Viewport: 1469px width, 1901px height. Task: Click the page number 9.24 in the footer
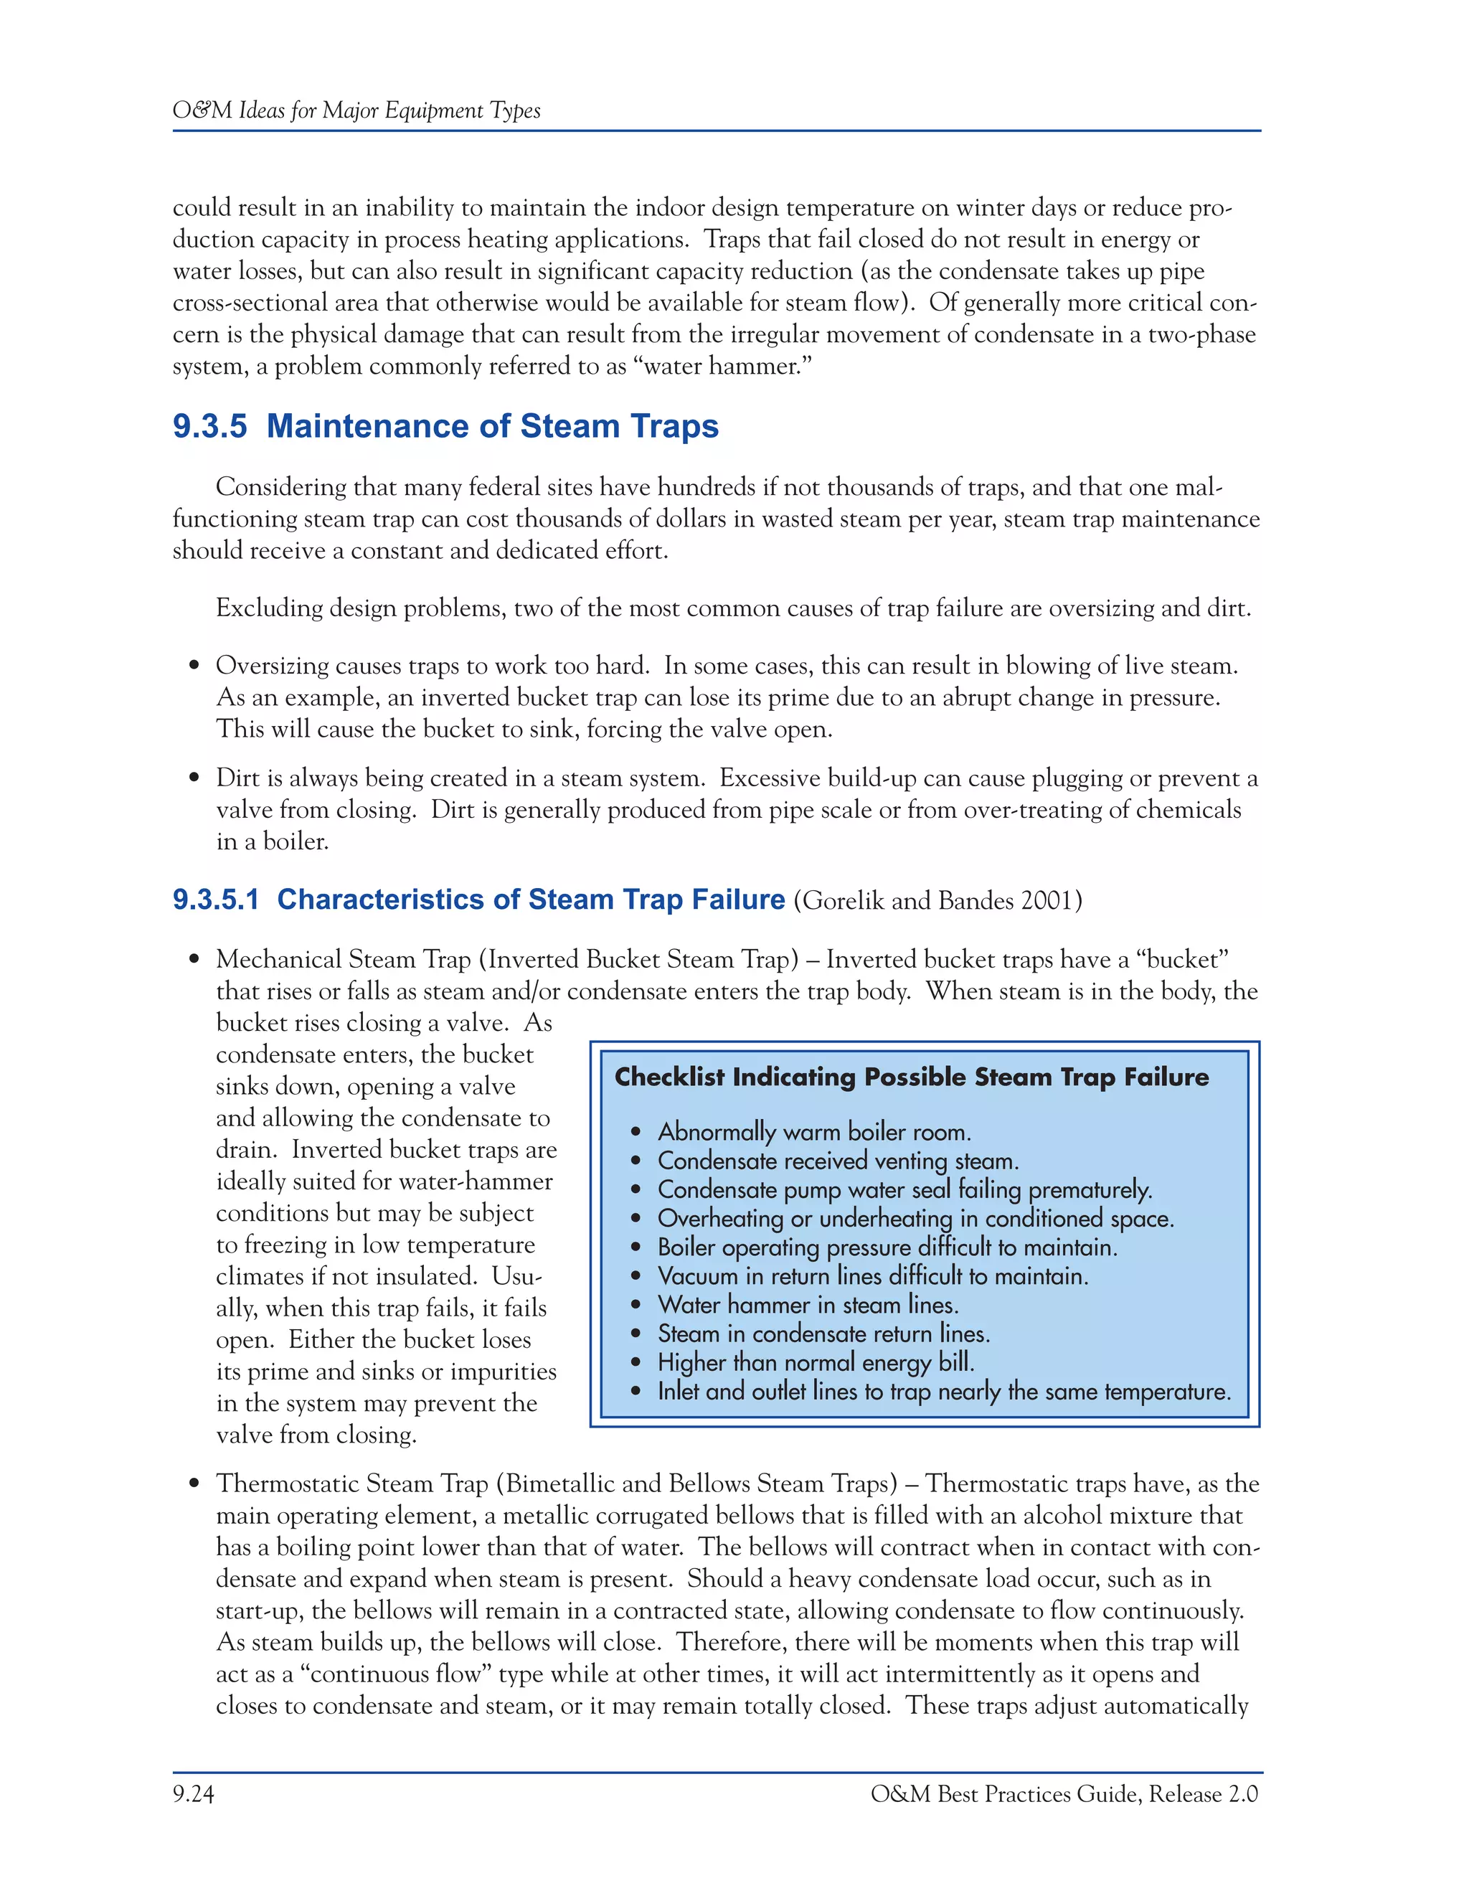(193, 1794)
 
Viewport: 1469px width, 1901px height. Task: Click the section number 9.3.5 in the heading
(209, 427)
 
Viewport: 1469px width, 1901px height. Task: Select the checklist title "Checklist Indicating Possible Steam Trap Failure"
(911, 1077)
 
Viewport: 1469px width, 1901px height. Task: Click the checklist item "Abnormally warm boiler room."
(813, 1133)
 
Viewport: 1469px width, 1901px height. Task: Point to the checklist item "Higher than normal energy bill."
(816, 1362)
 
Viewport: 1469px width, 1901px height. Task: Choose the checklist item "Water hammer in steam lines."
(808, 1305)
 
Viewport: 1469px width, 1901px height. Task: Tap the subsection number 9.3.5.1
(216, 899)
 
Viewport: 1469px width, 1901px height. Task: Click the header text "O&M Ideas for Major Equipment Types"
(356, 110)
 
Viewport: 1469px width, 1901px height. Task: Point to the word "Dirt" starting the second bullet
(237, 778)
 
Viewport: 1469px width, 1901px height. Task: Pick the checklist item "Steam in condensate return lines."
(823, 1334)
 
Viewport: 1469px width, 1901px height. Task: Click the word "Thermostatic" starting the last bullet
(287, 1484)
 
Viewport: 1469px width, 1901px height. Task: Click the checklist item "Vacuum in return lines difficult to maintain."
(873, 1276)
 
